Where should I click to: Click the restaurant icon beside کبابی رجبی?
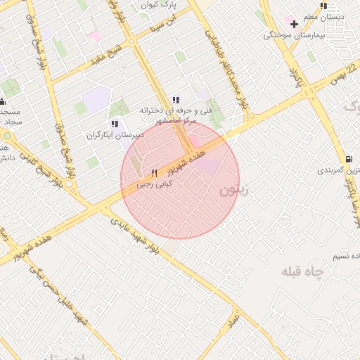coord(154,173)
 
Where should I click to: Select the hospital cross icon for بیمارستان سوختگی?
coord(294,25)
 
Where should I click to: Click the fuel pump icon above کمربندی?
coord(350,160)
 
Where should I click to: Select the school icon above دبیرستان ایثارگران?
coord(115,124)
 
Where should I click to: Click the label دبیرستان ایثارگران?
coord(115,135)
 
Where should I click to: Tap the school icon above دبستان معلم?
coord(323,6)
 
